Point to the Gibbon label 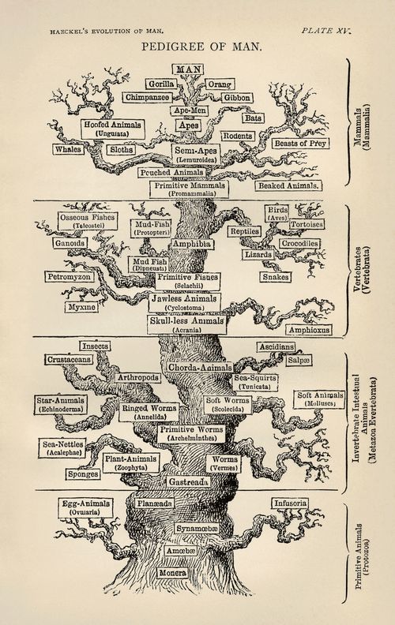[x=235, y=98]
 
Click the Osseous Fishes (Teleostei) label [x=87, y=221]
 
